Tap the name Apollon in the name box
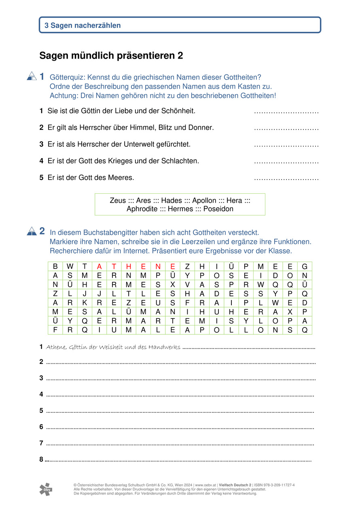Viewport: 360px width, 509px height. pos(204,201)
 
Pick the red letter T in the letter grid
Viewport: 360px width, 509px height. pos(114,266)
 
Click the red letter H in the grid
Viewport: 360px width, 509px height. pos(129,266)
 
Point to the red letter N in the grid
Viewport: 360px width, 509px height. pos(158,266)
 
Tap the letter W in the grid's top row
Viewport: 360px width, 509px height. pos(70,266)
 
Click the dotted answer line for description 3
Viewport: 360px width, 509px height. pos(286,145)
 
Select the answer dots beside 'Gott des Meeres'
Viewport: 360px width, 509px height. pos(286,178)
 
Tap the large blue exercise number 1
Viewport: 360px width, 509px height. pos(42,76)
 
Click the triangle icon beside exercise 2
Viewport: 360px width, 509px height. pos(32,232)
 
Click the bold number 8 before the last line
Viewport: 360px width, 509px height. pos(41,459)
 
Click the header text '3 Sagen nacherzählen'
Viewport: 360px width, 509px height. pos(83,25)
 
